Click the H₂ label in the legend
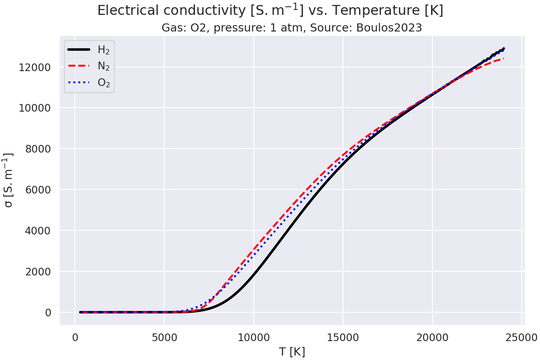click(x=103, y=50)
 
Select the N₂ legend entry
click(x=103, y=66)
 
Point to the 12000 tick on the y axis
click(x=38, y=67)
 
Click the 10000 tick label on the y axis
click(x=38, y=108)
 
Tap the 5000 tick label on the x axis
click(x=164, y=337)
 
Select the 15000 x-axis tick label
click(x=343, y=337)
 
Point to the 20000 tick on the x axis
click(x=432, y=337)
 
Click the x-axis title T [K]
click(x=292, y=352)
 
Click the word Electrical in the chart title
click(x=123, y=11)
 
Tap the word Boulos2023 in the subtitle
click(x=389, y=28)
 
